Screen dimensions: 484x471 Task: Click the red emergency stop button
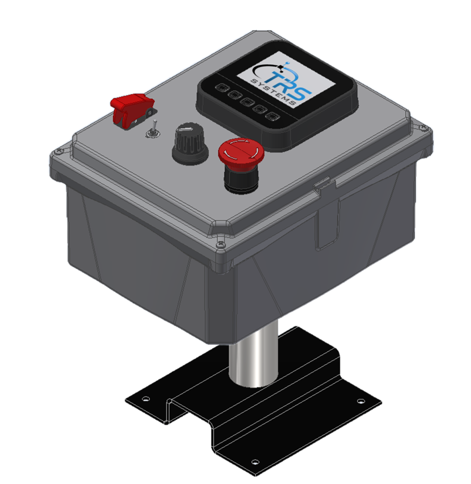click(x=241, y=151)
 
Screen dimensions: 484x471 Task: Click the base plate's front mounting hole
click(x=254, y=461)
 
